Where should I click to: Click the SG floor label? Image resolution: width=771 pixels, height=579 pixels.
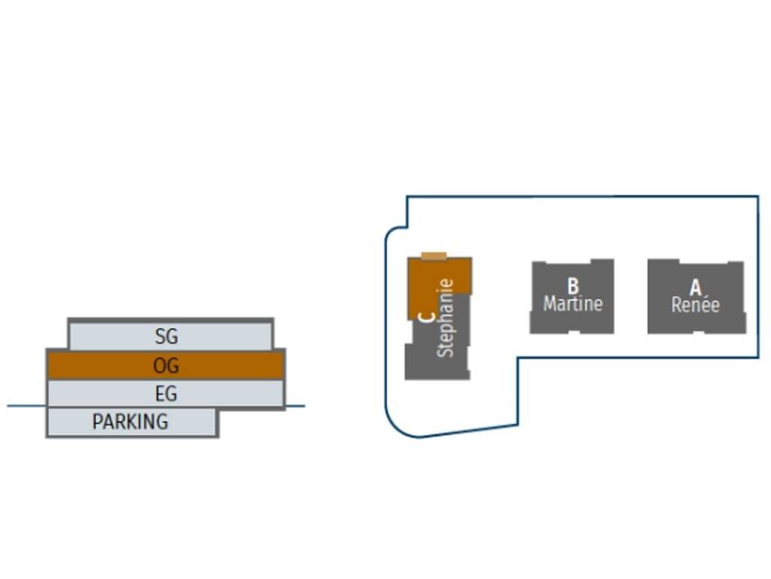pyautogui.click(x=166, y=336)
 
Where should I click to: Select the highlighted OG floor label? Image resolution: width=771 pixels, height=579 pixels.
pyautogui.click(x=166, y=366)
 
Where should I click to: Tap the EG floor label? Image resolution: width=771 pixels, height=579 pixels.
pyautogui.click(x=166, y=394)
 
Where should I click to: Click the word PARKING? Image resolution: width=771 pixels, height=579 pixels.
pyautogui.click(x=130, y=421)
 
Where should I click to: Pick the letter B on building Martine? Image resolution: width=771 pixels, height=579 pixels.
pyautogui.click(x=573, y=286)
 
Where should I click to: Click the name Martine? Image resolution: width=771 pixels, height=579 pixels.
pyautogui.click(x=573, y=304)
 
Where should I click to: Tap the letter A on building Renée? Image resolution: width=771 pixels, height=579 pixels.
pyautogui.click(x=696, y=287)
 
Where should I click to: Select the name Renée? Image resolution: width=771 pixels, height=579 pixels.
pyautogui.click(x=696, y=305)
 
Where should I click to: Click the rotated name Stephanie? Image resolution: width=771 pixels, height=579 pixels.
pyautogui.click(x=446, y=318)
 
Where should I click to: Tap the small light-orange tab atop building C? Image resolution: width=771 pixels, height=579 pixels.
pyautogui.click(x=434, y=256)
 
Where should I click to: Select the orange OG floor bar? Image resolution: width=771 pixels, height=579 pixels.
pyautogui.click(x=90, y=366)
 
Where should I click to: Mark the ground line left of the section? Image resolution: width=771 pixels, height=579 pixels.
pyautogui.click(x=26, y=406)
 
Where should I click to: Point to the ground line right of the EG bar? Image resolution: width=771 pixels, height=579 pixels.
pyautogui.click(x=295, y=406)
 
